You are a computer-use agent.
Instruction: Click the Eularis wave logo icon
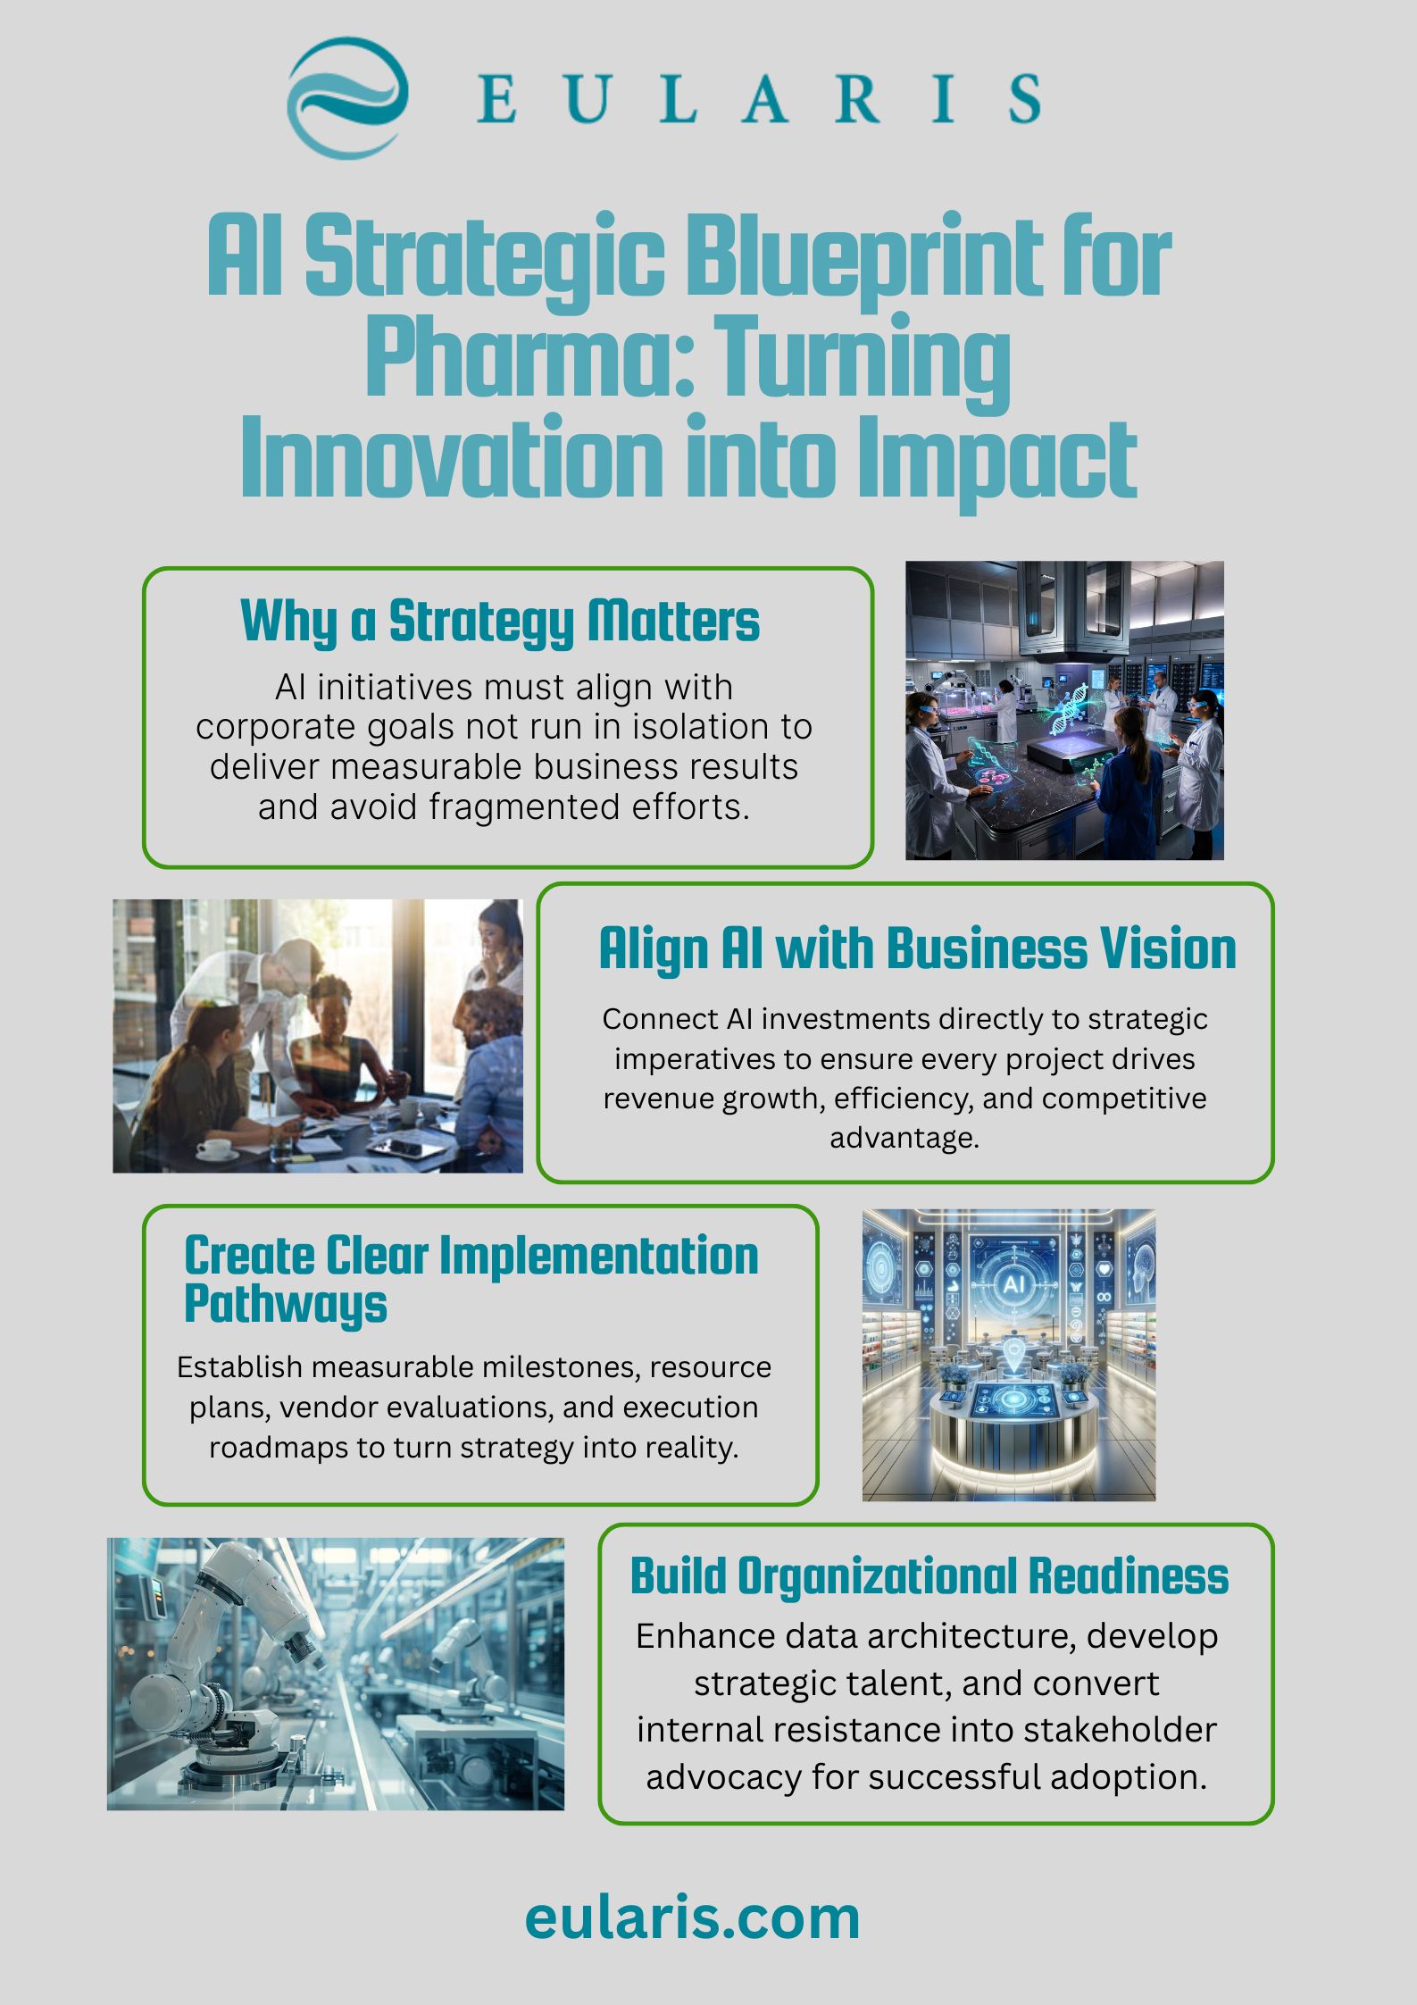tap(347, 97)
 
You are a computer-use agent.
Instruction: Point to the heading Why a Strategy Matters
tap(500, 622)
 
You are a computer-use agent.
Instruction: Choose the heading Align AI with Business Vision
tap(917, 948)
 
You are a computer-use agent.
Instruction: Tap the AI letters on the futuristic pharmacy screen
tap(1013, 1284)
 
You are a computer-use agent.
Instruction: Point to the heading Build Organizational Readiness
tap(929, 1576)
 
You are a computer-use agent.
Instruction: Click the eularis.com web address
tap(692, 1917)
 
